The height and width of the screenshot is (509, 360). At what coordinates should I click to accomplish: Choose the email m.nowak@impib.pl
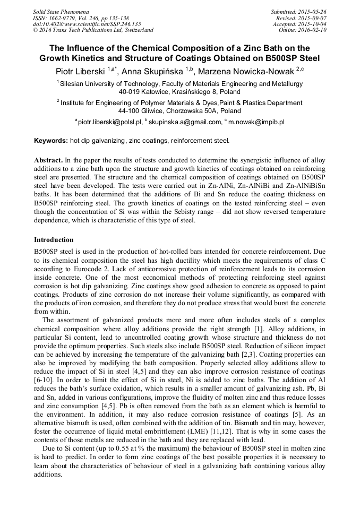(x=256, y=122)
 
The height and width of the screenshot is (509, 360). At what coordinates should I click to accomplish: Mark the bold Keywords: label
(x=51, y=141)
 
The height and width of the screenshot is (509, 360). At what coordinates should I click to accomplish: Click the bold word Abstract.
(x=48, y=160)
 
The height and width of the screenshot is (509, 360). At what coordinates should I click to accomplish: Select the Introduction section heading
(x=54, y=239)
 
